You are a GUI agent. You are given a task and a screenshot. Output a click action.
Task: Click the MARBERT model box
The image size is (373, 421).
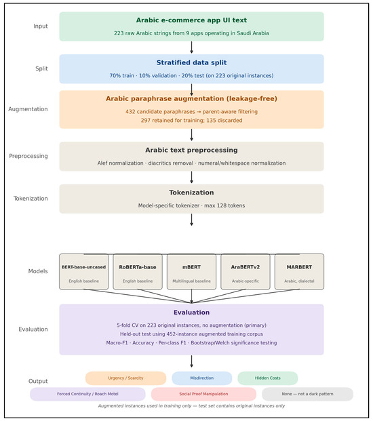tap(299, 271)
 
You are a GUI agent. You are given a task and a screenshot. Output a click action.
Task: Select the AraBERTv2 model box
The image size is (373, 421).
tap(246, 271)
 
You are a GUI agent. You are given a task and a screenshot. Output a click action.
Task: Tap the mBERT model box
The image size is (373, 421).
tap(191, 271)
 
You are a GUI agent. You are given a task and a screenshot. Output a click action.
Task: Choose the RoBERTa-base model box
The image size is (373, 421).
tap(138, 271)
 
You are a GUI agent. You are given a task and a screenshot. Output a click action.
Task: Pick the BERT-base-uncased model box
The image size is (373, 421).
tap(84, 271)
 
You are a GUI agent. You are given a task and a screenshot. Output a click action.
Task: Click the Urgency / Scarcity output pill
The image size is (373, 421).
tap(125, 378)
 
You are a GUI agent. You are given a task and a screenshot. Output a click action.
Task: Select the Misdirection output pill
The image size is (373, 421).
tap(202, 378)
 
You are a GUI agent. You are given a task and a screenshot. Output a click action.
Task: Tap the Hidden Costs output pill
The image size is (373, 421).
tap(268, 378)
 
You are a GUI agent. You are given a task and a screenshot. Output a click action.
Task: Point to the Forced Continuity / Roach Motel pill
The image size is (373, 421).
tap(87, 394)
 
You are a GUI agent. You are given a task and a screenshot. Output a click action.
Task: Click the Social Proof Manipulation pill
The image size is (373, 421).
tap(203, 394)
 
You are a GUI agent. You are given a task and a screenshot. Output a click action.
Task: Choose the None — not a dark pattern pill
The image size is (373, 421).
tap(307, 394)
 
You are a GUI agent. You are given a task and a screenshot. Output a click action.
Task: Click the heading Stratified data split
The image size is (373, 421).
tap(191, 62)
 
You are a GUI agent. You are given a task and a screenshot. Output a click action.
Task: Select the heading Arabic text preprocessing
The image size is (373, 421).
tap(191, 150)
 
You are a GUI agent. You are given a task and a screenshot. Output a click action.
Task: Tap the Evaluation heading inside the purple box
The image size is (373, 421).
tap(191, 313)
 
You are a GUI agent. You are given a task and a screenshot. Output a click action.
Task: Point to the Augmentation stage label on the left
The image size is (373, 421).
tap(28, 109)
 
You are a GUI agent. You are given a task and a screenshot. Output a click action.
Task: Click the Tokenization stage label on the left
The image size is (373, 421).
tap(31, 199)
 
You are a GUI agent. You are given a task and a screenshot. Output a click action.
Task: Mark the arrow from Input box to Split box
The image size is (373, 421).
tap(191, 47)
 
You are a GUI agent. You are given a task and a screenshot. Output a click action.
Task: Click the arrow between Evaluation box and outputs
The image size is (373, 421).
tap(191, 361)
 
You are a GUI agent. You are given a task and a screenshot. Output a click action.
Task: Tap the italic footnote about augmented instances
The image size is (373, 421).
tap(191, 405)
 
